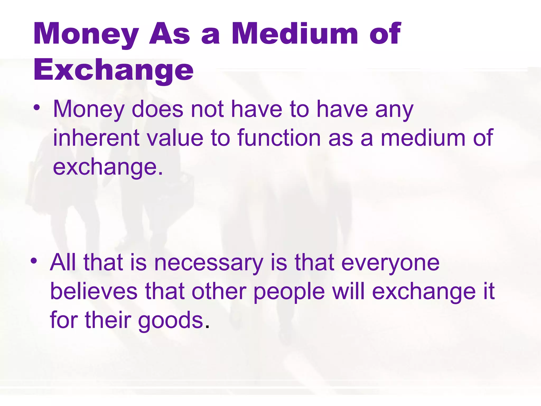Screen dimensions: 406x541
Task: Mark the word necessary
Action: pos(209,263)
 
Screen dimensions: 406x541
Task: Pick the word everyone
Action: pos(390,263)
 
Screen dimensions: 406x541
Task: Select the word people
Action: pos(289,292)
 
